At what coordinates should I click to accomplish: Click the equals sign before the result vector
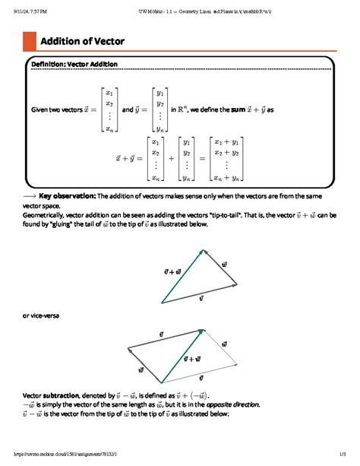tap(201, 159)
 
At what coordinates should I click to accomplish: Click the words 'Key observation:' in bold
tap(67, 195)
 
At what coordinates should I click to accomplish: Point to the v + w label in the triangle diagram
tap(172, 271)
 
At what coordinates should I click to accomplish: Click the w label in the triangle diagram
tap(224, 264)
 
